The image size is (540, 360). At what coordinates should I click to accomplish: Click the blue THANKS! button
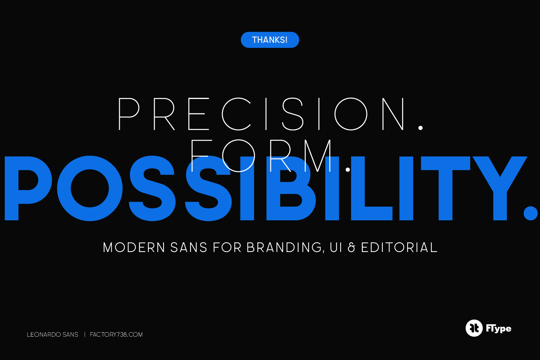coord(270,40)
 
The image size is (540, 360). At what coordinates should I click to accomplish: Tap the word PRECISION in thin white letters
coord(261,114)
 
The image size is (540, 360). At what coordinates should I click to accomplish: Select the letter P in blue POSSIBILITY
coord(28,188)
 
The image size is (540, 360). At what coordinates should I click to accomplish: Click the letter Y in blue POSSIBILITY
coord(500,188)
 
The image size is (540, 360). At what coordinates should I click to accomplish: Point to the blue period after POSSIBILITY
coord(531,213)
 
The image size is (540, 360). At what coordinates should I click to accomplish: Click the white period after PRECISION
coord(420,128)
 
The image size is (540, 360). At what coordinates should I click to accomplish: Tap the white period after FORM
coord(348,170)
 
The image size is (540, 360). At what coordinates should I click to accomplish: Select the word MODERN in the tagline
coord(134,247)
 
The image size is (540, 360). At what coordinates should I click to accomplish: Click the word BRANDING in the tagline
coord(284,247)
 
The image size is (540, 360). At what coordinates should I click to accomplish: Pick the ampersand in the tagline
coord(352,247)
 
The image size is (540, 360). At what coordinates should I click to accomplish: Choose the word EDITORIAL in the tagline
coord(399,247)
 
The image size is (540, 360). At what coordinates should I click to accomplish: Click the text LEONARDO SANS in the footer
coord(53,334)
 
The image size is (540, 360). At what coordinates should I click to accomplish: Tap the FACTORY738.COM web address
coord(116,334)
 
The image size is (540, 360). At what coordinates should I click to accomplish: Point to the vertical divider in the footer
coord(85,334)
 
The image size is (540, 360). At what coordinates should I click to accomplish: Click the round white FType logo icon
coord(474,328)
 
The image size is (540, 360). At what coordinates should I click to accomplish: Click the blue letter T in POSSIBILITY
coord(446,188)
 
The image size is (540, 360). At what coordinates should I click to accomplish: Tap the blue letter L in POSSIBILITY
coord(372,188)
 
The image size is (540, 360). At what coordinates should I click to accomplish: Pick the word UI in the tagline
coord(336,247)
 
